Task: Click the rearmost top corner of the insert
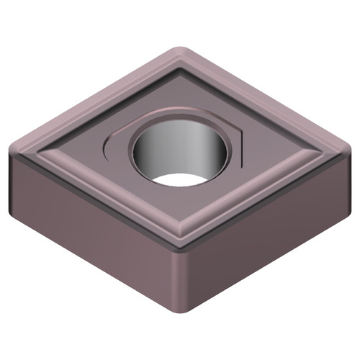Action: click(180, 52)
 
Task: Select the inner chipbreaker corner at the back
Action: click(180, 72)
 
